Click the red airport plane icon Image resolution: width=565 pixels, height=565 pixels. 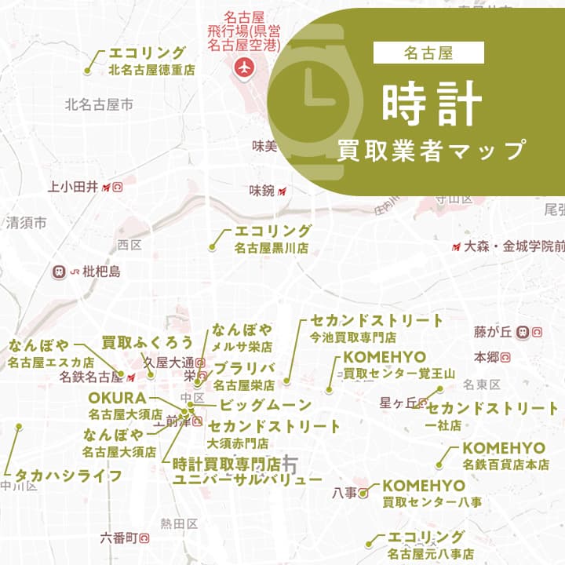click(243, 67)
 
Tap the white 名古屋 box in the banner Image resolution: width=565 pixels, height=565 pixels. click(428, 53)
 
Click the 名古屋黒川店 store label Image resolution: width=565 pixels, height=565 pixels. click(271, 248)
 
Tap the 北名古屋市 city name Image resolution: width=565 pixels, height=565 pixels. click(99, 103)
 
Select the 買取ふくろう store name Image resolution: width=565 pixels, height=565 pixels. click(148, 342)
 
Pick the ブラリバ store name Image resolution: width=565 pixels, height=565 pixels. click(244, 368)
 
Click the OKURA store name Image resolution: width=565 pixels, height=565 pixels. click(117, 397)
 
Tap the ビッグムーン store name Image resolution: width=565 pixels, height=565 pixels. click(264, 406)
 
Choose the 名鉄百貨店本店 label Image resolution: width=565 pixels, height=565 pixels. click(505, 465)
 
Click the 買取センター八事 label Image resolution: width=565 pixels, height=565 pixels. click(432, 501)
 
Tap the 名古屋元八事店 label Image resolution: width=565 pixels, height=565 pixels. click(430, 554)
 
